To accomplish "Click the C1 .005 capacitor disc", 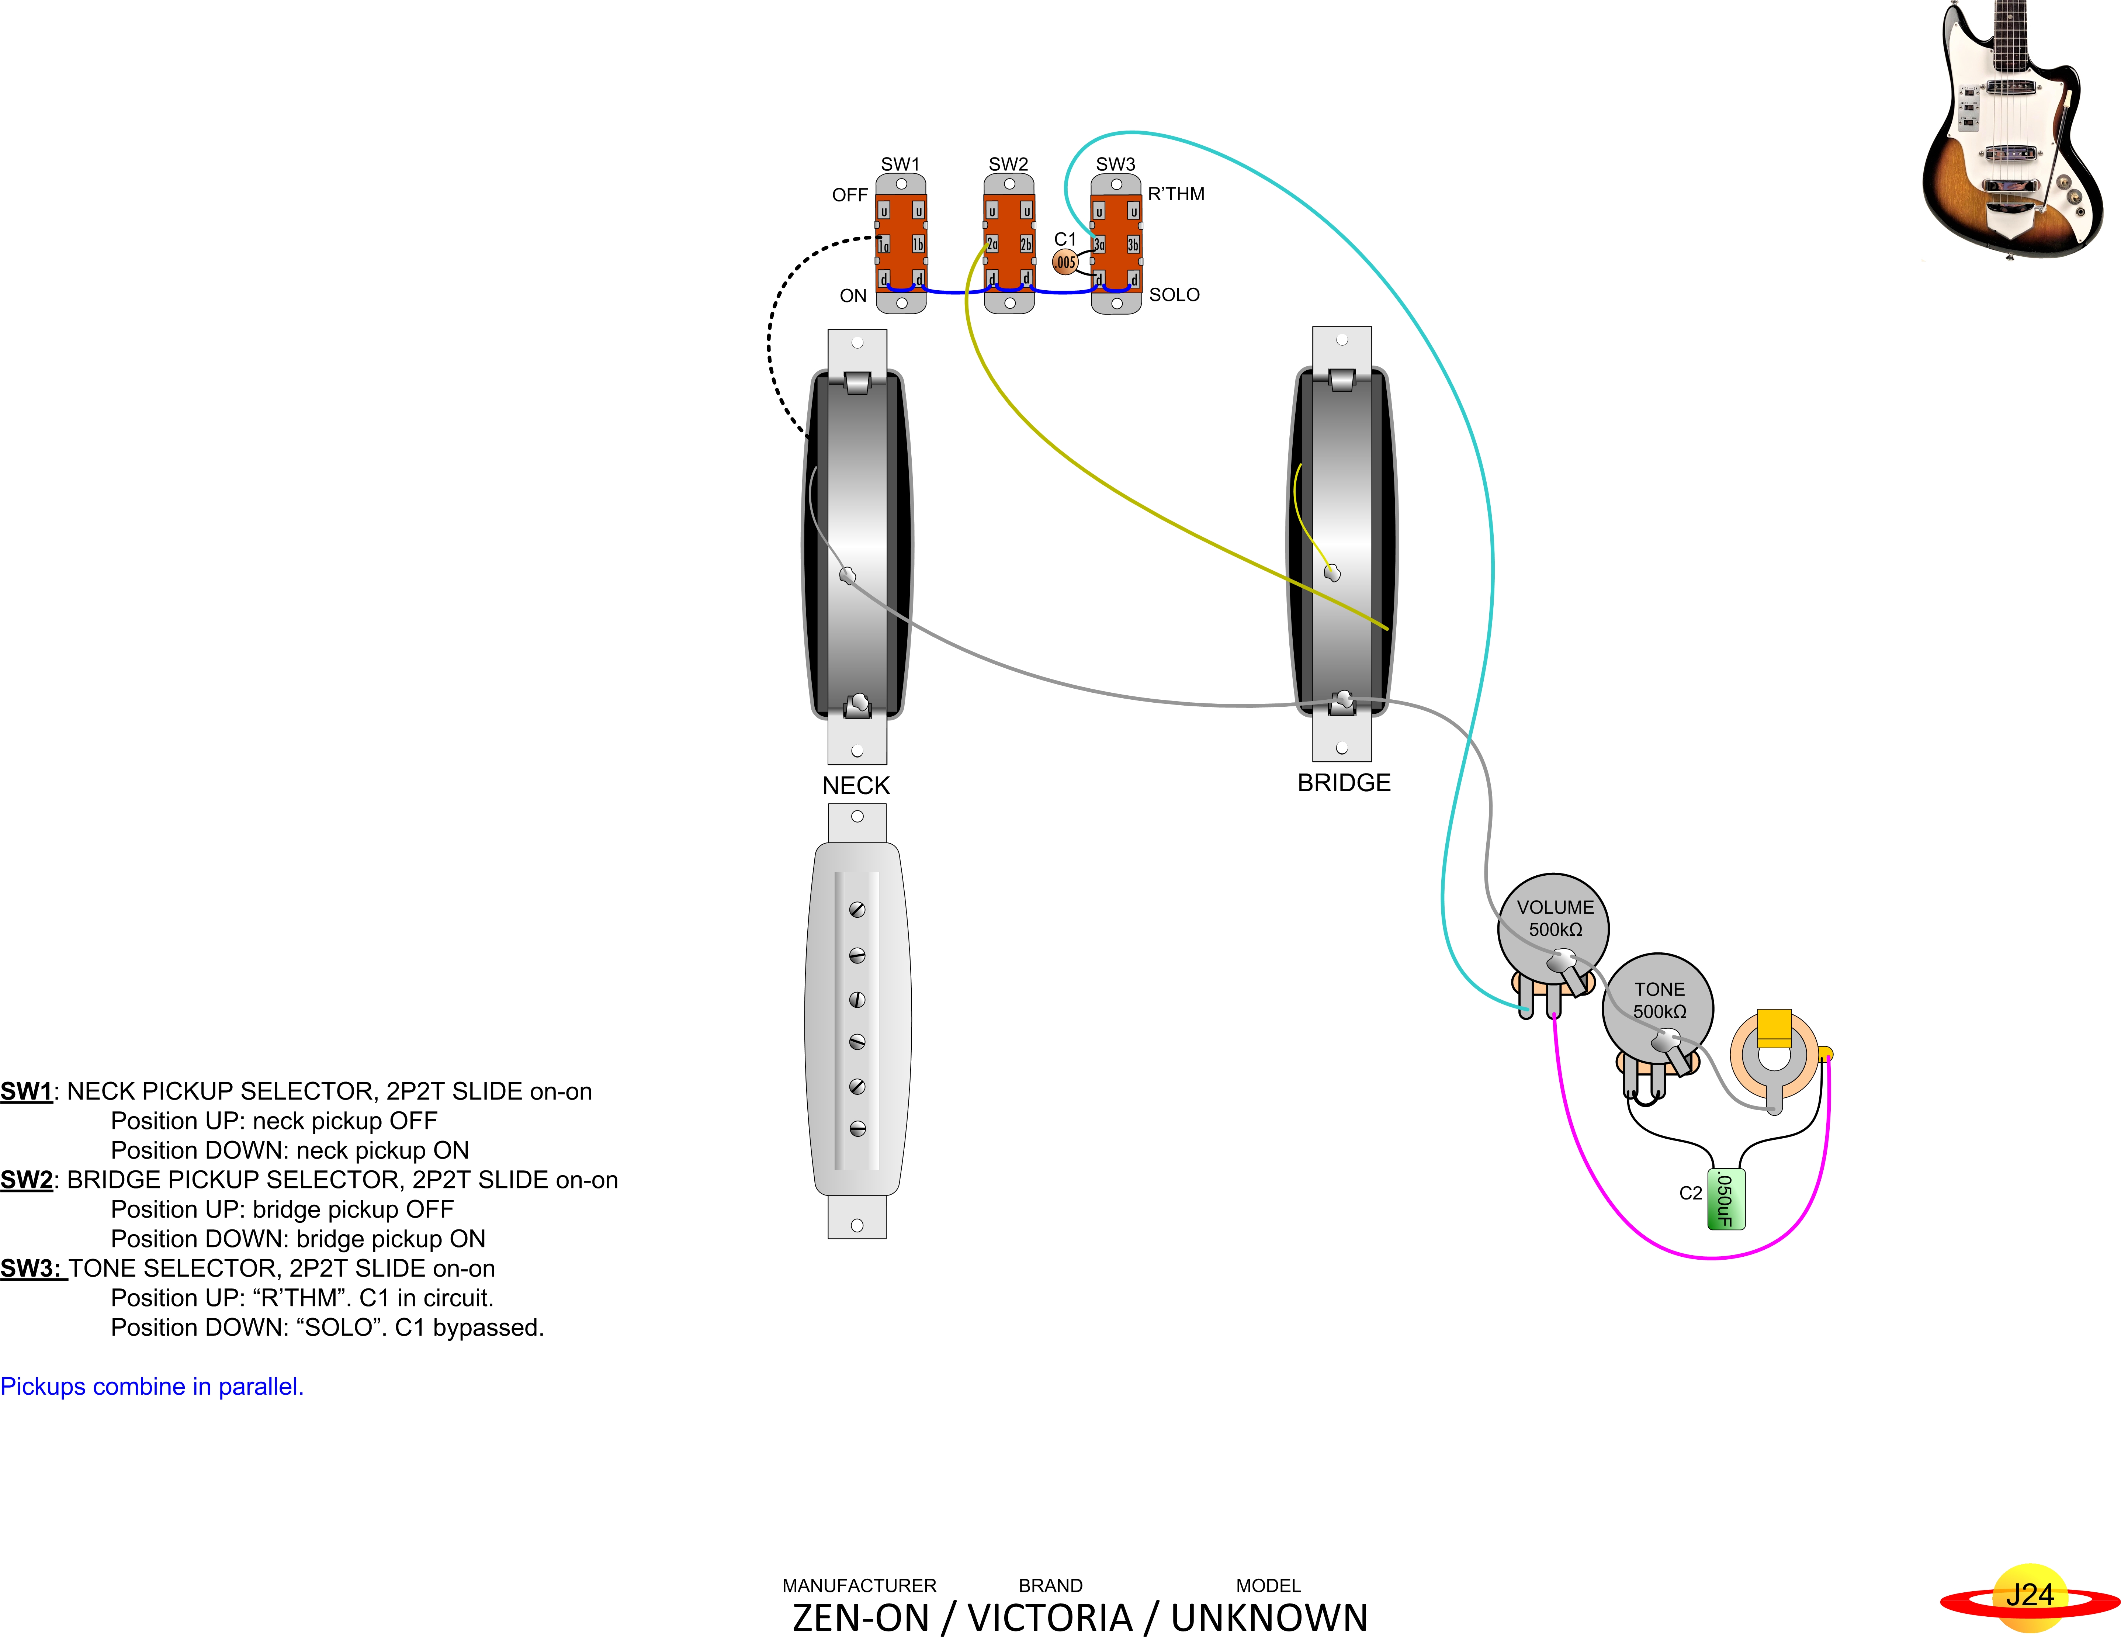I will [1065, 262].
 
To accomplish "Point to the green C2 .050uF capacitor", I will [1726, 1199].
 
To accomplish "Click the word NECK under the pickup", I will [856, 786].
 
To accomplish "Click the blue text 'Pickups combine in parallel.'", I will [152, 1387].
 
